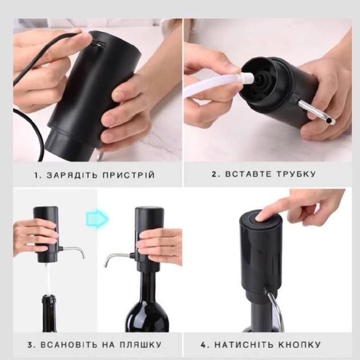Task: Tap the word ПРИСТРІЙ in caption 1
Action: click(129, 175)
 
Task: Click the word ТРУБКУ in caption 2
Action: click(296, 174)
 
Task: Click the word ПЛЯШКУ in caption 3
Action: click(141, 345)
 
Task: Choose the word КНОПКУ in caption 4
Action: click(300, 345)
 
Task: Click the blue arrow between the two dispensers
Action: click(97, 218)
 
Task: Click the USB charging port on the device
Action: click(100, 45)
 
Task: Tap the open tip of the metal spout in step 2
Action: click(330, 120)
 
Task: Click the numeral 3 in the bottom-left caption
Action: click(31, 345)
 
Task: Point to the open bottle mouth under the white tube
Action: click(49, 298)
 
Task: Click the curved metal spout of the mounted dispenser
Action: click(115, 258)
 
